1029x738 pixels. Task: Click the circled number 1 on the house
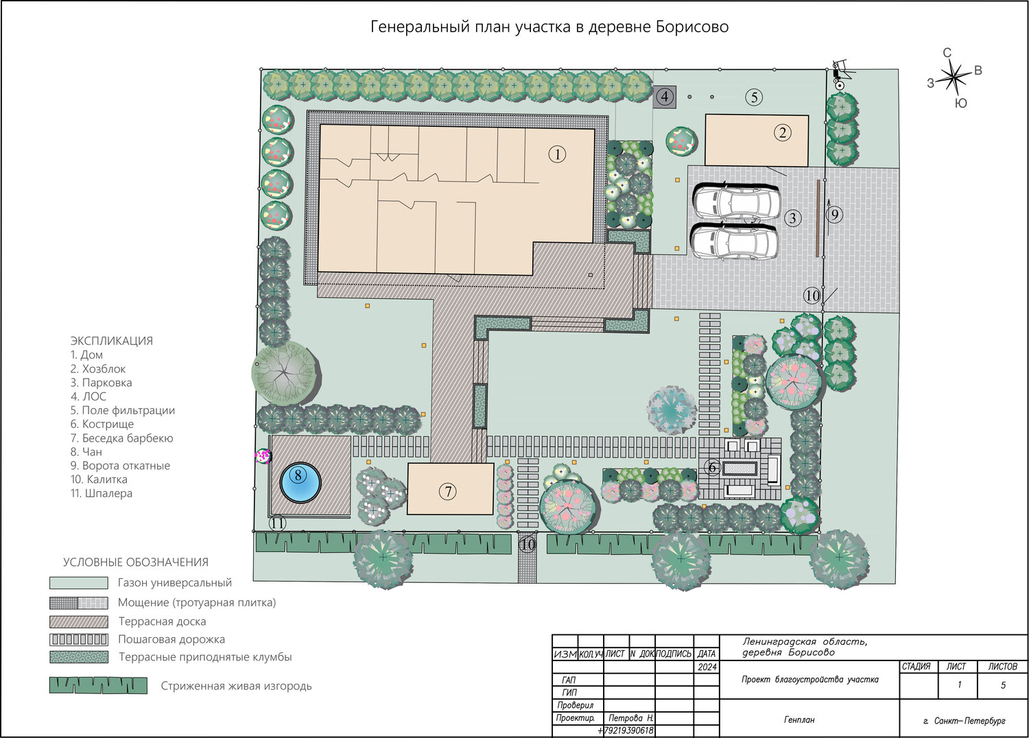[557, 154]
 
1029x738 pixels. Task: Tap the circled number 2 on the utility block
[782, 133]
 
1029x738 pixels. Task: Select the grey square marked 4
[664, 97]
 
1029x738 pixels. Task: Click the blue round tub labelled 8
[300, 483]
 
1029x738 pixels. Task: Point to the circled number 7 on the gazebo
[448, 491]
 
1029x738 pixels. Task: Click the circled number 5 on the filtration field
[754, 97]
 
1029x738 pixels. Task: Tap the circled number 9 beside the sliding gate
[835, 215]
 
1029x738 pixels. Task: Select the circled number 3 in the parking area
[792, 217]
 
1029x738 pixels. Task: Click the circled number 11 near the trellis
[277, 523]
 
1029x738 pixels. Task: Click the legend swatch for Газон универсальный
[79, 583]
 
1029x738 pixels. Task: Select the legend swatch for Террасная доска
[79, 622]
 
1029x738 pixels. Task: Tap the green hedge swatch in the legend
[98, 685]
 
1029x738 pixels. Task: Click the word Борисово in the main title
[691, 27]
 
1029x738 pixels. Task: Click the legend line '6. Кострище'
[102, 424]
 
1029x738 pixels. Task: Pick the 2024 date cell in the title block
[707, 667]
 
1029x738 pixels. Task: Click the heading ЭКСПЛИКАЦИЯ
[112, 341]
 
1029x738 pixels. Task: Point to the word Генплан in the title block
[799, 719]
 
